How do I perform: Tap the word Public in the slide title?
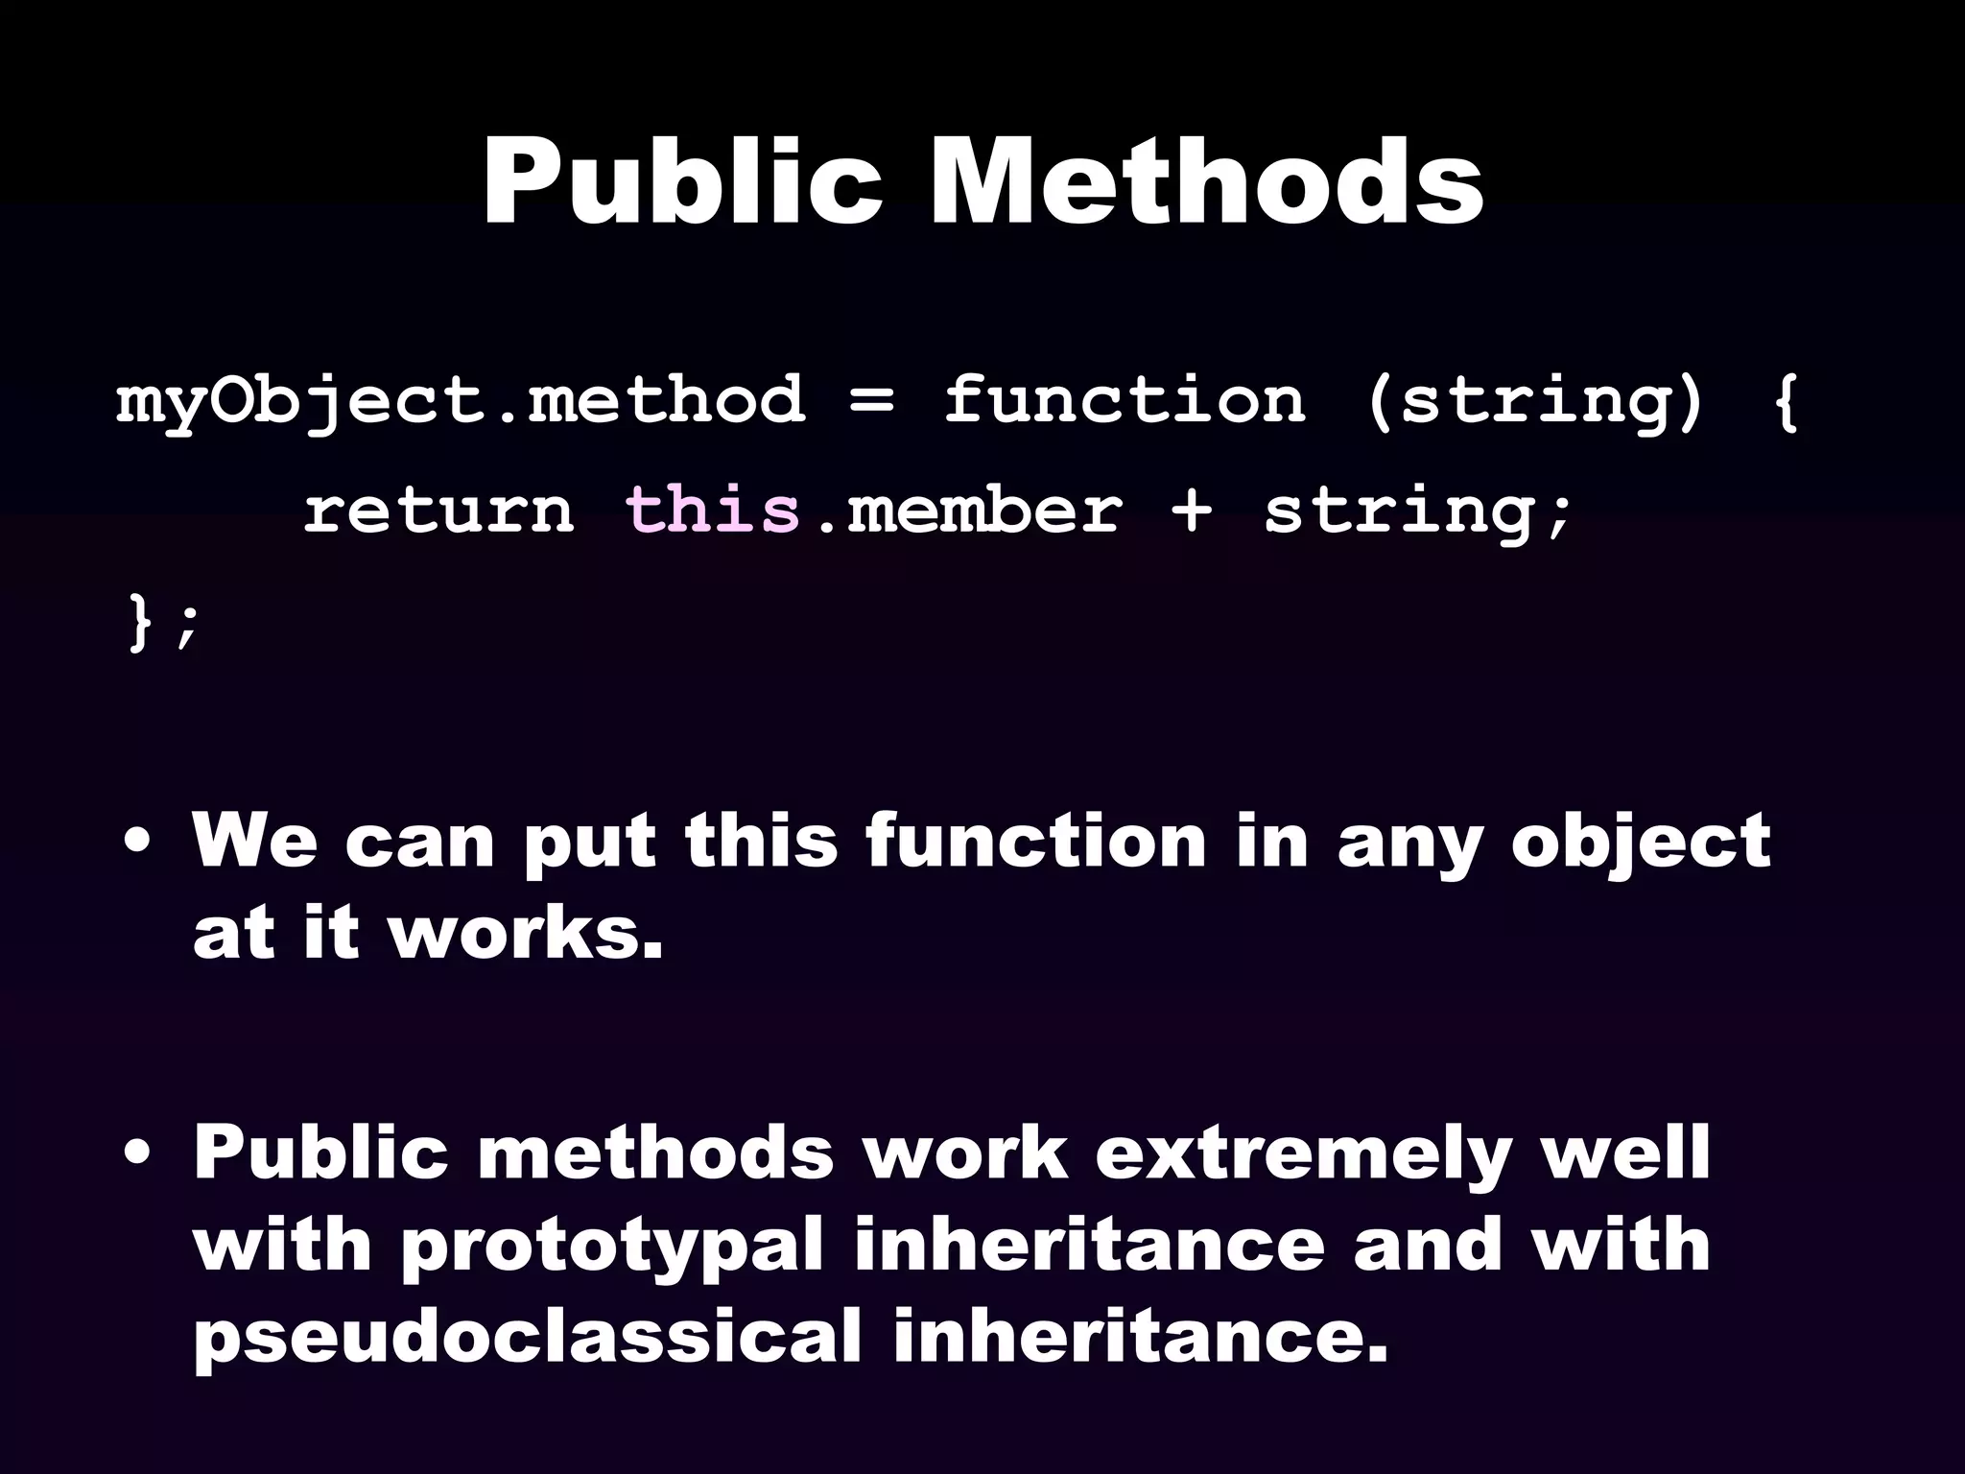[x=682, y=182]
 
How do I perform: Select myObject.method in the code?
[x=461, y=401]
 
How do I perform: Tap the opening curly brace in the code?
[x=1785, y=401]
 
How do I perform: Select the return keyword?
[x=438, y=511]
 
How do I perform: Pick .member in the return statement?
[x=969, y=511]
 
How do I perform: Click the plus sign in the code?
[x=1192, y=511]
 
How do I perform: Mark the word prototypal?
[x=612, y=1247]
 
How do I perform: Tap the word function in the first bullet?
[x=1035, y=841]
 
